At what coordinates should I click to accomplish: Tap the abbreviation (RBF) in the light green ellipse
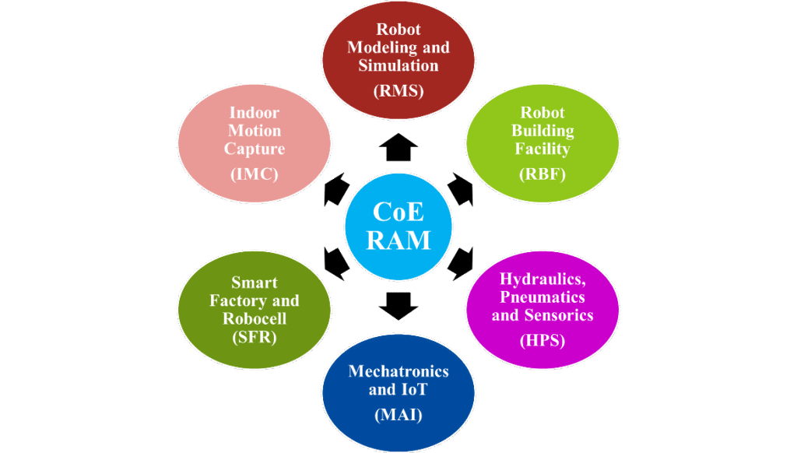point(542,174)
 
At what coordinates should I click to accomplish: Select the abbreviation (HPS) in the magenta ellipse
point(542,341)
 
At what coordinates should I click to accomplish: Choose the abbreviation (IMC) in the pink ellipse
point(254,174)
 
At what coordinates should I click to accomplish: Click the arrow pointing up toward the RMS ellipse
point(398,144)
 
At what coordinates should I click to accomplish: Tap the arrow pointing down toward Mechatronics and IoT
point(398,305)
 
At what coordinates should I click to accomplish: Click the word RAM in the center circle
point(398,239)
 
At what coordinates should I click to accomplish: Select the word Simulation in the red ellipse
point(398,65)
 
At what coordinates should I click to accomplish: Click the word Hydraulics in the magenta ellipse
point(542,279)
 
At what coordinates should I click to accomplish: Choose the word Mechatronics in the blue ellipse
point(398,371)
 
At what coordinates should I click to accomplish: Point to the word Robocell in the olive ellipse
point(254,318)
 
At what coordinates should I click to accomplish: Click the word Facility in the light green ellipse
point(542,148)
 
